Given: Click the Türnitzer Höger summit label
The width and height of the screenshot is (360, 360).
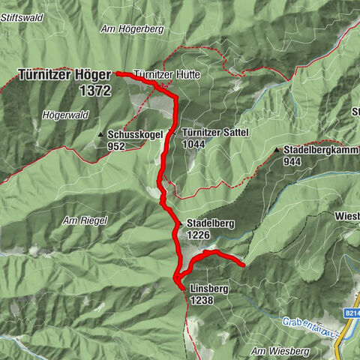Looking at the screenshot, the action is [64, 75].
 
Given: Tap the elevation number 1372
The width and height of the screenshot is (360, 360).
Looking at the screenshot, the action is [94, 90].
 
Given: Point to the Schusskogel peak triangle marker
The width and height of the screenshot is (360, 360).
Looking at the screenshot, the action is [101, 135].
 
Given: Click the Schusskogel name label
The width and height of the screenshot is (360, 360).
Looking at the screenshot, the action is [136, 135].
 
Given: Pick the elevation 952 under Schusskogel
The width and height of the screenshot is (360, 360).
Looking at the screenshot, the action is [116, 146].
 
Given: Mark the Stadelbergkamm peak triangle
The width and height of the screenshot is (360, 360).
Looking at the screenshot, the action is [277, 150].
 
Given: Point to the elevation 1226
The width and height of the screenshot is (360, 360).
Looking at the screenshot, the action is [198, 235].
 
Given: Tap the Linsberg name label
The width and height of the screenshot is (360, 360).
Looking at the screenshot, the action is [208, 289].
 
